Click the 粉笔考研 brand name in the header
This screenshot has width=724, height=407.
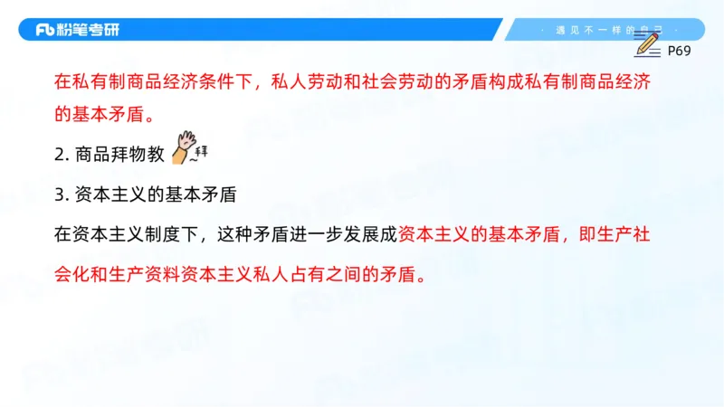click(x=90, y=30)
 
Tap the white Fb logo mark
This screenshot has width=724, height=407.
click(x=46, y=30)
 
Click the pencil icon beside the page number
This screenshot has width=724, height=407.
click(x=648, y=43)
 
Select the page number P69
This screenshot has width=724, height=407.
click(x=679, y=52)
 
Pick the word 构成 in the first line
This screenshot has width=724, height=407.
click(x=537, y=82)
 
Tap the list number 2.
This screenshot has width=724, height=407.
click(x=59, y=155)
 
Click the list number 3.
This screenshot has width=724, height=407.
click(x=59, y=194)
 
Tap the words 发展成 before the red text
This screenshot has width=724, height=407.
click(x=372, y=233)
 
